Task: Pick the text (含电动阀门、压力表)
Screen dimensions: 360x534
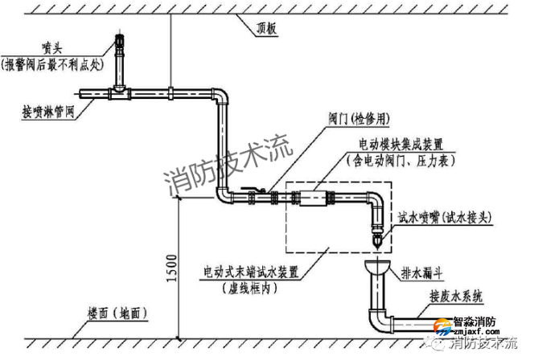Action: click(401, 161)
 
